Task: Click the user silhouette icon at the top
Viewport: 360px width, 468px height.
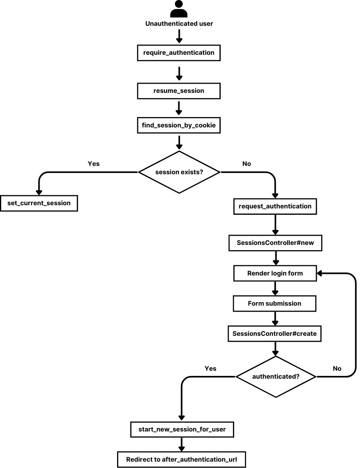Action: (179, 9)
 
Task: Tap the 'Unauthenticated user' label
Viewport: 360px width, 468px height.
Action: (179, 24)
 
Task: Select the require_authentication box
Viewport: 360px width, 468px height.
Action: (179, 52)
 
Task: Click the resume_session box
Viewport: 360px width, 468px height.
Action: (179, 91)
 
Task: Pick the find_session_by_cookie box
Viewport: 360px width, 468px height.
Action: (179, 125)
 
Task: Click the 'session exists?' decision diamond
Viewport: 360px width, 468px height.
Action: (179, 172)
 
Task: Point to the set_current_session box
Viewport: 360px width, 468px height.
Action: (39, 203)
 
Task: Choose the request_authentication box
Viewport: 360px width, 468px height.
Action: (275, 206)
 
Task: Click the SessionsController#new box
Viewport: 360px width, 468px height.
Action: (275, 243)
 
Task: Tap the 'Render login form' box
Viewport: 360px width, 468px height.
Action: (275, 273)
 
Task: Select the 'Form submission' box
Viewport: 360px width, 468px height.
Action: (274, 304)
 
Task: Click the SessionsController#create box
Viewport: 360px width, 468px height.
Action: (274, 334)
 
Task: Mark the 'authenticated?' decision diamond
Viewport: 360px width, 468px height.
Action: (276, 376)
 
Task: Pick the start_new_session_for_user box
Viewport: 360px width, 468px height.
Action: (182, 429)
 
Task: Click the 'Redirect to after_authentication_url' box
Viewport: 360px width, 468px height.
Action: (182, 460)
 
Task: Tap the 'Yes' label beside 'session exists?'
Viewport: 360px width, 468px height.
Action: (93, 164)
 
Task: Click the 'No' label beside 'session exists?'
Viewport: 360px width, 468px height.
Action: (246, 164)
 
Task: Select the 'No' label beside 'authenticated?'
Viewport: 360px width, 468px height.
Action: (337, 368)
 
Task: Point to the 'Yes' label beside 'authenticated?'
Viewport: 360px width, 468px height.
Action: (210, 368)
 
